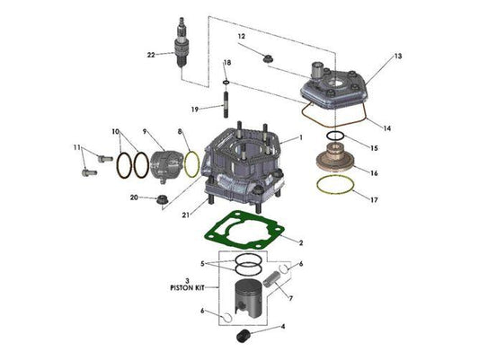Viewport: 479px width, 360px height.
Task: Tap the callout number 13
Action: (x=397, y=57)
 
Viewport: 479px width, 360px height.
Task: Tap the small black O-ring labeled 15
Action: (x=334, y=136)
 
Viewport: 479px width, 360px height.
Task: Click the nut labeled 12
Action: (x=266, y=58)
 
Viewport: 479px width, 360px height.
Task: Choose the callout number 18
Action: (x=227, y=62)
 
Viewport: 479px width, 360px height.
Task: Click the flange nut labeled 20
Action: (x=163, y=198)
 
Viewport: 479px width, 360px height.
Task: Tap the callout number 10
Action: (x=116, y=132)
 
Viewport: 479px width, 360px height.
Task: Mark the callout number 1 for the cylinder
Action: (x=302, y=137)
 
